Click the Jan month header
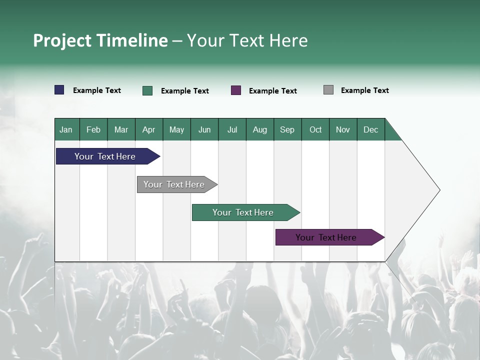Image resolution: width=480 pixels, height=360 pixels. (x=66, y=129)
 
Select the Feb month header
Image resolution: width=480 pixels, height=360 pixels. (x=93, y=129)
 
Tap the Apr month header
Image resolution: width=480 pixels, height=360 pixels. (x=148, y=129)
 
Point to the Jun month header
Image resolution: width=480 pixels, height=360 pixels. (x=204, y=129)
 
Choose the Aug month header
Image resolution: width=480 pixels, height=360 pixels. (x=259, y=129)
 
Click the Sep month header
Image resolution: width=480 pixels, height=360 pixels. (x=287, y=129)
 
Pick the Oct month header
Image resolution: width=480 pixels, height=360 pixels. (x=315, y=129)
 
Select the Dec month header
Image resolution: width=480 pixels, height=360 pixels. (x=370, y=129)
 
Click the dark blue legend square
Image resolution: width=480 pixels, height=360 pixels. (x=59, y=90)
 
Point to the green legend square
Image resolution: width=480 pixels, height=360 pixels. (x=147, y=90)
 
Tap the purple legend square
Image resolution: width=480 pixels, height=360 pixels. (x=236, y=90)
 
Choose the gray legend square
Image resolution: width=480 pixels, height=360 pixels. (x=328, y=90)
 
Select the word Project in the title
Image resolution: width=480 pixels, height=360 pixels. (x=62, y=40)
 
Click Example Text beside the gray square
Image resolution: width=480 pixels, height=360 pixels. (x=364, y=90)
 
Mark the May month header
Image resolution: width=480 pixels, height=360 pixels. (x=176, y=129)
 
